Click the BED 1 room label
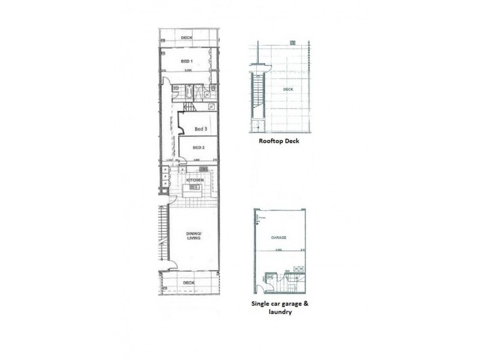[187, 61]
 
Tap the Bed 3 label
[201, 129]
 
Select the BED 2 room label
[199, 148]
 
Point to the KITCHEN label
[194, 180]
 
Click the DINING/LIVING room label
[193, 235]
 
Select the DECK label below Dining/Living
[188, 282]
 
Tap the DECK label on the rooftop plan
[289, 90]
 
